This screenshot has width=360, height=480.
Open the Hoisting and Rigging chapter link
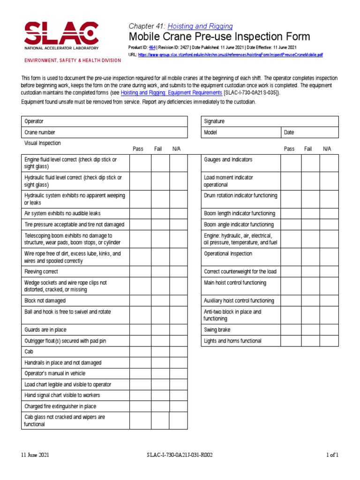tap(200, 26)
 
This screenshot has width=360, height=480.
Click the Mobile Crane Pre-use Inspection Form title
tap(219, 37)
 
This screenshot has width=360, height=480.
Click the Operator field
tap(105, 121)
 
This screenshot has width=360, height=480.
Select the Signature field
tap(270, 121)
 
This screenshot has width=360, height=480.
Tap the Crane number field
tap(105, 133)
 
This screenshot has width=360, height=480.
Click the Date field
tap(309, 133)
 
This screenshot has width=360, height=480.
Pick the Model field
tap(240, 133)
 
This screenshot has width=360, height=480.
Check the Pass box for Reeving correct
tap(140, 272)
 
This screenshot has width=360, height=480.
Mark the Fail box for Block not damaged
tap(160, 301)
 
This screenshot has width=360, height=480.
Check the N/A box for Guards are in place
tap(178, 330)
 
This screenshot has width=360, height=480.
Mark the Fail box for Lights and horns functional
tap(310, 341)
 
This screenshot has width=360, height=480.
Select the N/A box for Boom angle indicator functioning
tap(329, 225)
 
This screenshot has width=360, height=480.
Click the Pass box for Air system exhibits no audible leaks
tap(140, 214)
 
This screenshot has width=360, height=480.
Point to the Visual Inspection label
tap(43, 143)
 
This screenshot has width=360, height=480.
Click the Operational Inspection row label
tap(228, 254)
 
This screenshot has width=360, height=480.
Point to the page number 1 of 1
tap(332, 455)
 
